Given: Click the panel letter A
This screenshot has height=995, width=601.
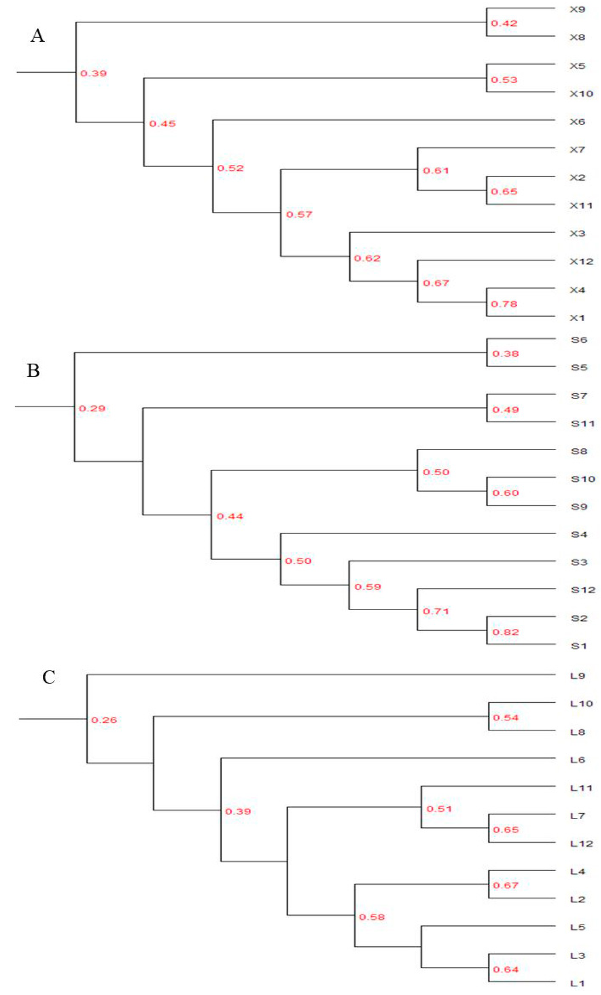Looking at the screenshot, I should click(x=38, y=36).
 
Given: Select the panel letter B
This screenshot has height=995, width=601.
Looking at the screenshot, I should click(x=33, y=371).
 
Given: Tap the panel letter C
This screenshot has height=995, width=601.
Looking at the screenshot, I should click(x=49, y=678).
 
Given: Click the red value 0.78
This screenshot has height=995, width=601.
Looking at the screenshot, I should click(x=504, y=304).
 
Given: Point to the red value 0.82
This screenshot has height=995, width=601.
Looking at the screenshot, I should click(x=505, y=632).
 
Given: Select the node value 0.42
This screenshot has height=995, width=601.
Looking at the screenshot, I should click(x=504, y=23).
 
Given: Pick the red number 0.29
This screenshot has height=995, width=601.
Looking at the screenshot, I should click(x=92, y=408).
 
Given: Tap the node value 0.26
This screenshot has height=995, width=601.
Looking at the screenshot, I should click(x=104, y=720).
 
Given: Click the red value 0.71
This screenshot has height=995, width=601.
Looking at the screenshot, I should click(x=436, y=611).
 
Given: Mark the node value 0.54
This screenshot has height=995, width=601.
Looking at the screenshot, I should click(x=505, y=718).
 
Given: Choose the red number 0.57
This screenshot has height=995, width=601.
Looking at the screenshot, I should click(x=299, y=215).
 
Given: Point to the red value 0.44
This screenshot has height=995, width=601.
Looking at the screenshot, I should click(x=230, y=516).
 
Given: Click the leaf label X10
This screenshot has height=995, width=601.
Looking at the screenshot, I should click(x=581, y=94).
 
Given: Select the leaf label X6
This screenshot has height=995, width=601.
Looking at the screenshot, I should click(x=578, y=122).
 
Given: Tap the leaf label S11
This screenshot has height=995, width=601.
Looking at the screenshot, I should click(x=583, y=424).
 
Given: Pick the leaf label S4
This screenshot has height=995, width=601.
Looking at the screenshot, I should click(x=579, y=534).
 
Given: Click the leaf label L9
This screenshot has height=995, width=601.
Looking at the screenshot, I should click(x=578, y=676).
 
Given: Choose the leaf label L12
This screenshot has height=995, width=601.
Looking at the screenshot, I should click(x=581, y=844).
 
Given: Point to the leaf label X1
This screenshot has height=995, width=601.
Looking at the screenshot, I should click(x=578, y=318).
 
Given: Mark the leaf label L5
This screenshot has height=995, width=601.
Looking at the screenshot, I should click(x=578, y=928).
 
